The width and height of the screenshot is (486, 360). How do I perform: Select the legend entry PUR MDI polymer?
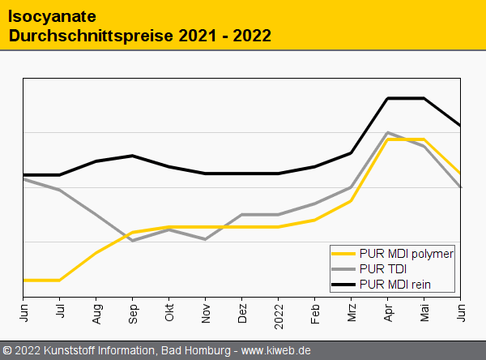406,253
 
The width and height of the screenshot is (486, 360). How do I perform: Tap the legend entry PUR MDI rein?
394,284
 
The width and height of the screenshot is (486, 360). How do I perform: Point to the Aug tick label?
96,313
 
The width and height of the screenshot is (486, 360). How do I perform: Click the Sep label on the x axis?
133,313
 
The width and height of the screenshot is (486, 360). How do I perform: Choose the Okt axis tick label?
169,312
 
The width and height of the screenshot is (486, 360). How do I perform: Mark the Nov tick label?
206,313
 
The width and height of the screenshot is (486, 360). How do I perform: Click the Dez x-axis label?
242,313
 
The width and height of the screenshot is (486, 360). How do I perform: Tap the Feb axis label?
315,313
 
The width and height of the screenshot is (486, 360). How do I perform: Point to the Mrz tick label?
352,312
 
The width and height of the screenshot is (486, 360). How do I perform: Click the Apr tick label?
388,312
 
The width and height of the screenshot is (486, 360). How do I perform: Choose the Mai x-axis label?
424,312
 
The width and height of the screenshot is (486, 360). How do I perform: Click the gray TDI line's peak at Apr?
388,132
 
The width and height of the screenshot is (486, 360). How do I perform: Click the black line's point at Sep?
133,156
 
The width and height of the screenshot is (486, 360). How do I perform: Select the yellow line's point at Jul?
60,280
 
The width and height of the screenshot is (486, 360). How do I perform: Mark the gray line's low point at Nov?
206,239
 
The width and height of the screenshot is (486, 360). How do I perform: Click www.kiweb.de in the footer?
276,350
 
